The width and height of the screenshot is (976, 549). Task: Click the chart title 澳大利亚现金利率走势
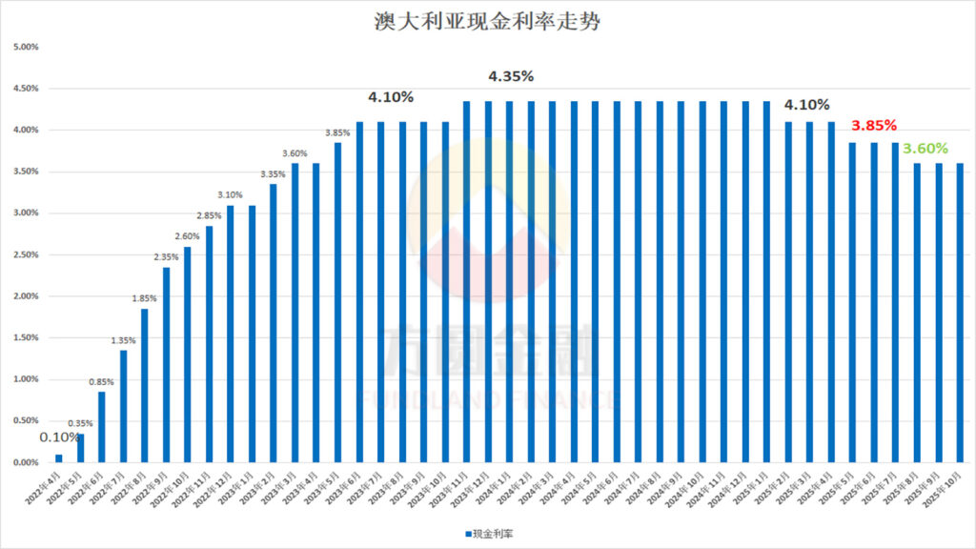tap(487, 22)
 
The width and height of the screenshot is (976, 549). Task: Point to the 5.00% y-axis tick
tap(25, 47)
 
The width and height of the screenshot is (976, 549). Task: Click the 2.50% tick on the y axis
tap(25, 254)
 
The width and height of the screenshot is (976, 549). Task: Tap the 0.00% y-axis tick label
tap(25, 462)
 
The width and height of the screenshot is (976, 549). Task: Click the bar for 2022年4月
tap(59, 458)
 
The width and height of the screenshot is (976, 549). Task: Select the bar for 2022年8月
tap(145, 385)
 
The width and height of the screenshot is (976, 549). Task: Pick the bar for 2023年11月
tap(467, 281)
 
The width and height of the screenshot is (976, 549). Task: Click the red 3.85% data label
tap(874, 125)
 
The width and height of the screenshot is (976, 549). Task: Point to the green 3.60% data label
tap(925, 149)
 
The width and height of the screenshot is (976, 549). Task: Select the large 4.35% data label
tap(511, 76)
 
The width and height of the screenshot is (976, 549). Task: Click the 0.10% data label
tap(59, 437)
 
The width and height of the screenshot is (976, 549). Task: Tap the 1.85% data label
tap(145, 298)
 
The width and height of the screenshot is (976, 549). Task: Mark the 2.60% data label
tap(188, 236)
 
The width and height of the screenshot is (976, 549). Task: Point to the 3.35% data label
tap(274, 173)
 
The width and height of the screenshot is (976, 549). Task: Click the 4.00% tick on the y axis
tap(25, 130)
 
